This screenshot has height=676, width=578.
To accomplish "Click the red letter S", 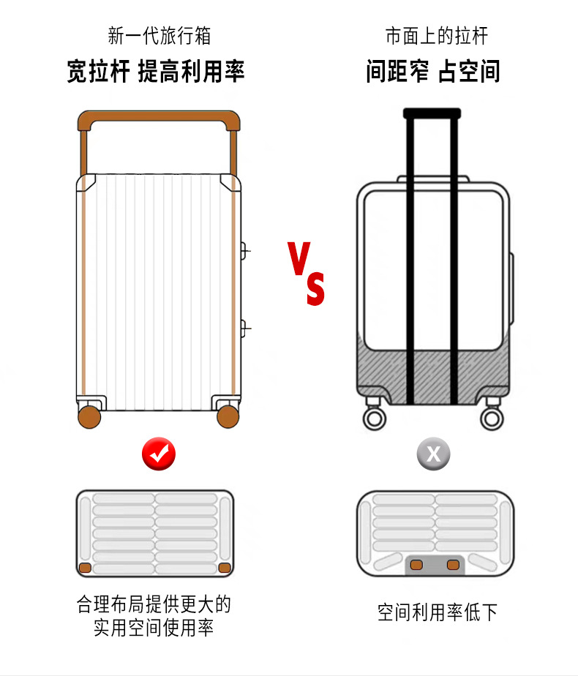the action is point(315,289).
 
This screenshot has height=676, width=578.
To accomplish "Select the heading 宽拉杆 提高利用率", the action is point(155,72).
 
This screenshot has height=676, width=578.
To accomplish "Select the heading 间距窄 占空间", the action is point(433,72).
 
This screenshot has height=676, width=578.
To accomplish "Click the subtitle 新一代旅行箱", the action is point(159,35).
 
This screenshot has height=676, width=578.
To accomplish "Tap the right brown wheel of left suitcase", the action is point(228,416).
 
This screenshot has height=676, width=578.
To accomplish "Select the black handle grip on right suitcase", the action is point(432,113).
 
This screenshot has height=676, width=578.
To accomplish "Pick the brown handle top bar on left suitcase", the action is point(159,117).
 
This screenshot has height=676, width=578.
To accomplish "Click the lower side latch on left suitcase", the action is point(244,326).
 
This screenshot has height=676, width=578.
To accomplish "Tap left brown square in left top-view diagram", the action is point(86,568).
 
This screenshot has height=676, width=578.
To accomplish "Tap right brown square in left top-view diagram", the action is point(225,568).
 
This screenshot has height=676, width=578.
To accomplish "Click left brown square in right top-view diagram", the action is point(417,564).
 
